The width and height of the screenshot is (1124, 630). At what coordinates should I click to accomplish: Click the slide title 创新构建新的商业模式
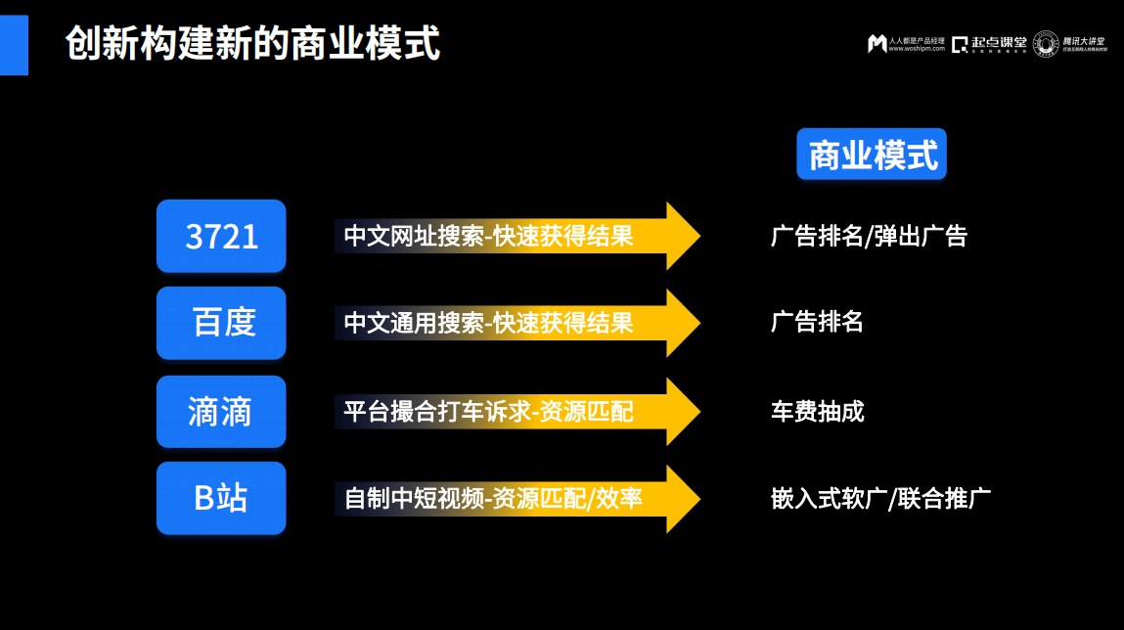[252, 44]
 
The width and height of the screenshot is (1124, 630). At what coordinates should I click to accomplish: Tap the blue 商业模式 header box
[872, 155]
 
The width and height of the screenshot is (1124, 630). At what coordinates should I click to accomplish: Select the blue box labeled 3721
[221, 236]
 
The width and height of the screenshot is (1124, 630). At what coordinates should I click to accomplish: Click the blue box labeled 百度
[221, 323]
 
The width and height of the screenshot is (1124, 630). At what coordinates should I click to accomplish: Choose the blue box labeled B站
[221, 498]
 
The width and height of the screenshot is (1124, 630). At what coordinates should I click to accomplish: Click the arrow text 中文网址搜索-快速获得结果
[488, 237]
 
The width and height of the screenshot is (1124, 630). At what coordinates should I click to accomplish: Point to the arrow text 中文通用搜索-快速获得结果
[488, 323]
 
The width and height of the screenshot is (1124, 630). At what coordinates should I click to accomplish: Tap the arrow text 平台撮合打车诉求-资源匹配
[488, 412]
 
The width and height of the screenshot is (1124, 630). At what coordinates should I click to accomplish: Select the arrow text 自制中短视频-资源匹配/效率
[493, 499]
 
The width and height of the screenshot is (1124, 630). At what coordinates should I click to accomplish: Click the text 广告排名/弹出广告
[869, 237]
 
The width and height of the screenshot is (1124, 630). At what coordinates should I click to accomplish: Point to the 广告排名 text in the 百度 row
[817, 323]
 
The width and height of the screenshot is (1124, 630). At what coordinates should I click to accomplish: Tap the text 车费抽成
[817, 412]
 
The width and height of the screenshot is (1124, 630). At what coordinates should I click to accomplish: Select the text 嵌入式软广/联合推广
[880, 499]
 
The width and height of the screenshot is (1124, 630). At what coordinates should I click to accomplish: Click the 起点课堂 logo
[989, 44]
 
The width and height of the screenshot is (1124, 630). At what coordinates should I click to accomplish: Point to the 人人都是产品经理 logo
[906, 44]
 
